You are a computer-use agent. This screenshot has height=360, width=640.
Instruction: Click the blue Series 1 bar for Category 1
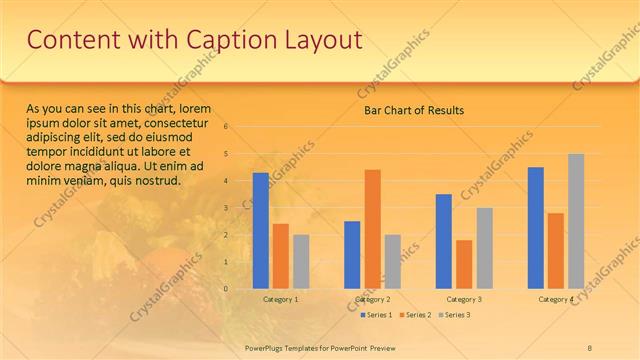click(x=260, y=231)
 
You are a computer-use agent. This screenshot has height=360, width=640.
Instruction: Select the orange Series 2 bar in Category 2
click(x=372, y=229)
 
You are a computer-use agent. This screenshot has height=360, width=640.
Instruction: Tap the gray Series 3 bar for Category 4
click(x=576, y=221)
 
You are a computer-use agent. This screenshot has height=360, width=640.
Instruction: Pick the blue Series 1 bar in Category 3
click(x=444, y=241)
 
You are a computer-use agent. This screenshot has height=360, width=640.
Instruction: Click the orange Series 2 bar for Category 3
click(x=464, y=264)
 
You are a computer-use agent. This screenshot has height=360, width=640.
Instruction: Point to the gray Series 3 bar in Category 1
click(x=301, y=262)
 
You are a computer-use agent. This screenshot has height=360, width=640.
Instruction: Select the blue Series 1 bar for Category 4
click(x=536, y=228)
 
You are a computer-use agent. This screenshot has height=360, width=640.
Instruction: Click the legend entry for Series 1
click(x=376, y=315)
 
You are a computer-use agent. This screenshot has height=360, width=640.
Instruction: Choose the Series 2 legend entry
click(x=417, y=315)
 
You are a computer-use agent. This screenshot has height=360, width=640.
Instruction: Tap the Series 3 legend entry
click(x=457, y=315)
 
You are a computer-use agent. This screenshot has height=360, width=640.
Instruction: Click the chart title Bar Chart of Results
click(x=413, y=111)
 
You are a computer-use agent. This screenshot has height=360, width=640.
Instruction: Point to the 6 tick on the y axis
click(x=227, y=127)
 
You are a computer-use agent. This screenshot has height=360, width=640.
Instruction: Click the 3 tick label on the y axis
click(x=227, y=208)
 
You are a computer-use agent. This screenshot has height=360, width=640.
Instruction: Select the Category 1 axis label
click(x=281, y=299)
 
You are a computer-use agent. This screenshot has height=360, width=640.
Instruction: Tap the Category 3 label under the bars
click(x=464, y=299)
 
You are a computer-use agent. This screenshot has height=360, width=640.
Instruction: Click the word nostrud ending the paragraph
click(x=160, y=181)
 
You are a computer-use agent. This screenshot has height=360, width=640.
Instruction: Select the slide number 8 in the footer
click(x=589, y=346)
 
